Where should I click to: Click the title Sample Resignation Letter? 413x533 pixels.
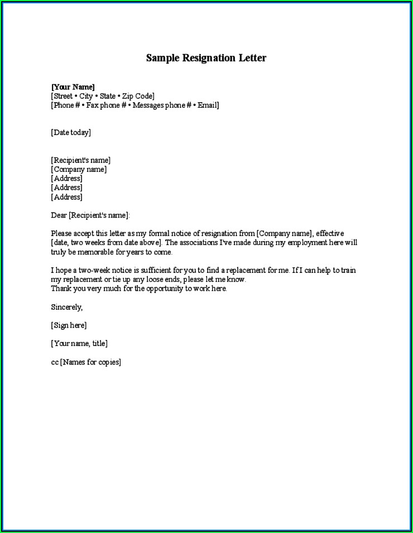point(206,58)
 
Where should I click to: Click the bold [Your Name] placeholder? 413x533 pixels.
point(73,87)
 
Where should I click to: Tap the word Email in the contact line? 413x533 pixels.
point(206,105)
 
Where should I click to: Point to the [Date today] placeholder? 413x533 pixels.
point(71,132)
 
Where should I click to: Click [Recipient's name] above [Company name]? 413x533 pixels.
point(80,160)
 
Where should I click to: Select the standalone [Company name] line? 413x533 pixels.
point(79,169)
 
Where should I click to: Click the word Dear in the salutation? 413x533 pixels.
point(59,215)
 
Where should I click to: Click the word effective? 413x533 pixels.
point(330,233)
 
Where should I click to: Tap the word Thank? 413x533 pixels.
point(61,289)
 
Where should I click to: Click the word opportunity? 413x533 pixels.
point(165,289)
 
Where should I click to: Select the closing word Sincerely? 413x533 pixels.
point(66,307)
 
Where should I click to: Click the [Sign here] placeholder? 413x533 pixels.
point(69,325)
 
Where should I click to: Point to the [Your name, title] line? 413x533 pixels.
point(79,343)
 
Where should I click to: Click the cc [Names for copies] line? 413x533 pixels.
point(86,362)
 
